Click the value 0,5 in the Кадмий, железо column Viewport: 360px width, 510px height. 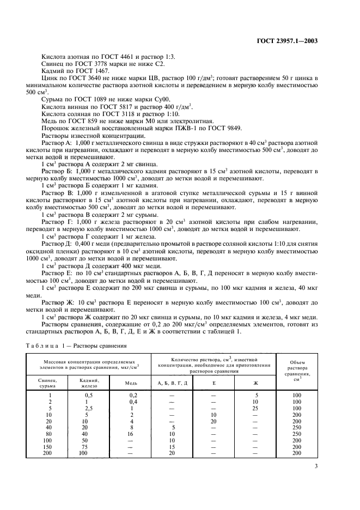click(x=88, y=394)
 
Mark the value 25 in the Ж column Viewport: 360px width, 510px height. click(x=256, y=408)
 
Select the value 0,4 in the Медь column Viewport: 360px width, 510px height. click(x=131, y=401)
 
